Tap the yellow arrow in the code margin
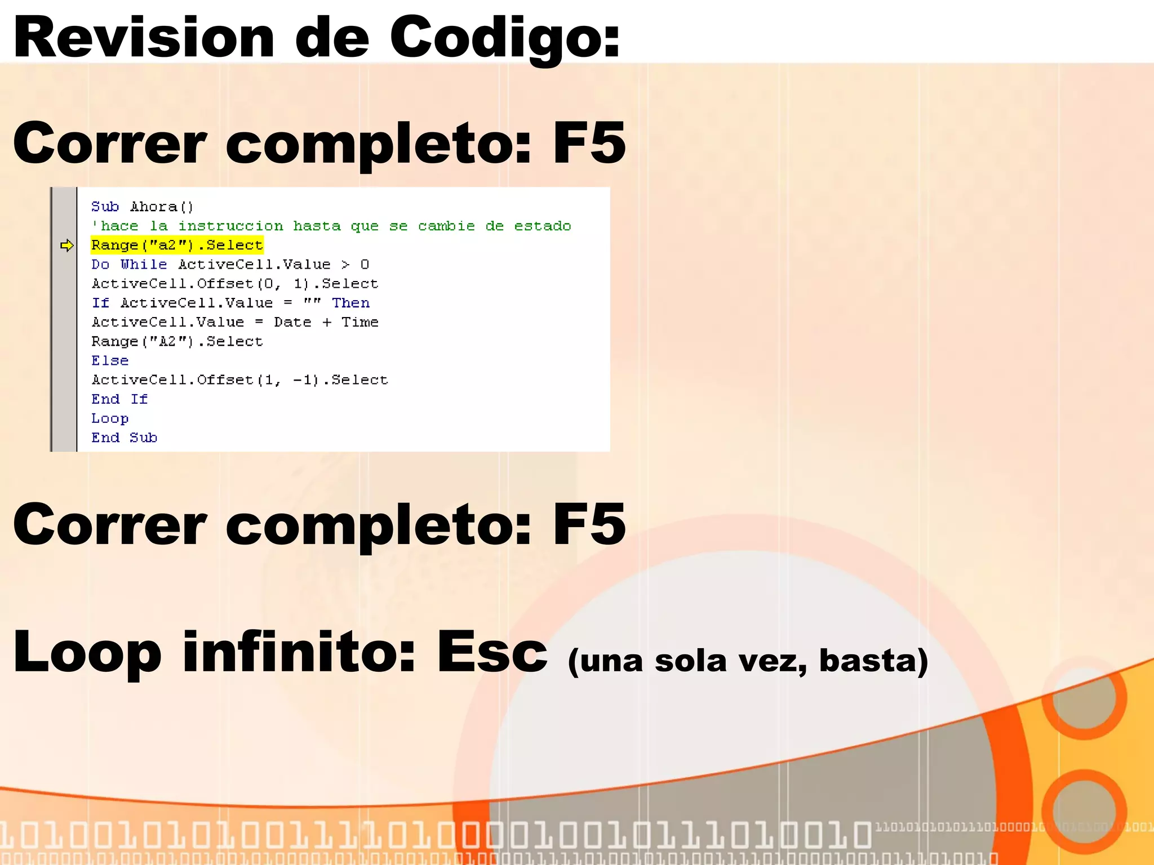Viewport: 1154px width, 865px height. (67, 246)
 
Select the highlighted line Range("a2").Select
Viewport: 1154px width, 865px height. (177, 246)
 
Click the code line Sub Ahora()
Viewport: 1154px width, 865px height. (142, 207)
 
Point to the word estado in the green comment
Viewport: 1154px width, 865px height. (542, 226)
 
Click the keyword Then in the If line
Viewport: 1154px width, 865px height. (350, 303)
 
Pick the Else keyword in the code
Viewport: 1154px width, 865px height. (110, 360)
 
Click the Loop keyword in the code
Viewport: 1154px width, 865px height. (110, 418)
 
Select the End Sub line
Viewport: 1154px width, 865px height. (124, 438)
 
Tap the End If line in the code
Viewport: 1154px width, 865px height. (119, 399)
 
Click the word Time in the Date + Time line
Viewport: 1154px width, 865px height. (359, 322)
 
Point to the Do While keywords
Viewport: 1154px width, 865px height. (129, 265)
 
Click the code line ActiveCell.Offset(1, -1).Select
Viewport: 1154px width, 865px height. (239, 380)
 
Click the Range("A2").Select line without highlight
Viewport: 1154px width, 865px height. (177, 341)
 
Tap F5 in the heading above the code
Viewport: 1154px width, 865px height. (589, 143)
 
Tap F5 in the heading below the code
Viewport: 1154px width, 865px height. (589, 524)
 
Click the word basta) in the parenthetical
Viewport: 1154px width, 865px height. (873, 661)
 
